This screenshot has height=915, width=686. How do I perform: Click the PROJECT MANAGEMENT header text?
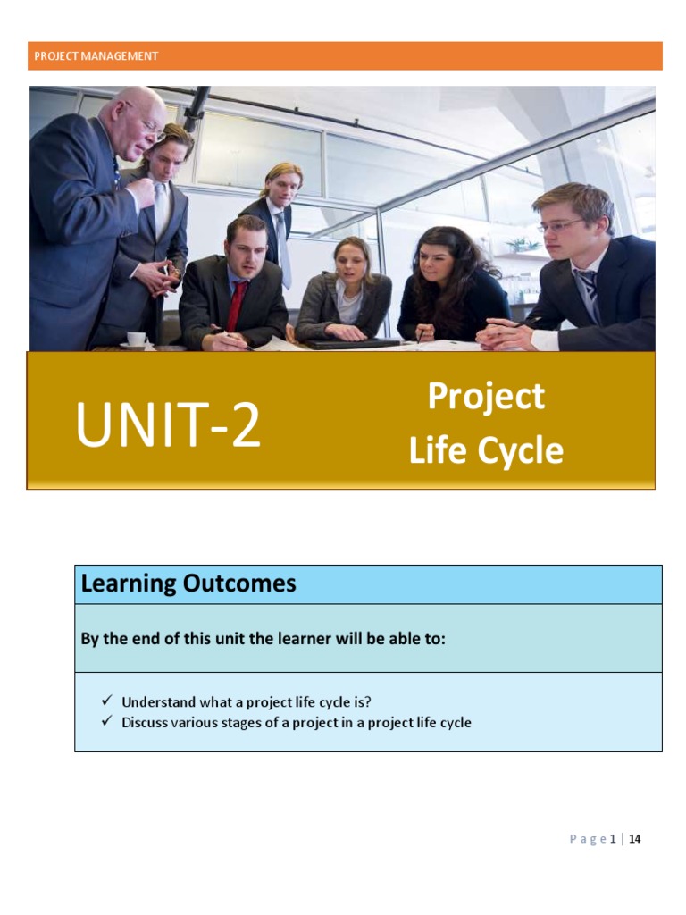[x=96, y=56]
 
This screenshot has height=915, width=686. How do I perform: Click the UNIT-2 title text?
[x=169, y=425]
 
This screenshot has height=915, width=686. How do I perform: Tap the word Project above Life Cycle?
[x=486, y=396]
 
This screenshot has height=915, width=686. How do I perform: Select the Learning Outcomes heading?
[x=188, y=584]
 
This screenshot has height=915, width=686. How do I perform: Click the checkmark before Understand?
[x=106, y=701]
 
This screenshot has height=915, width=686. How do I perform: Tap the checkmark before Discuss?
[x=106, y=721]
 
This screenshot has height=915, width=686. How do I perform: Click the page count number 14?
[x=635, y=839]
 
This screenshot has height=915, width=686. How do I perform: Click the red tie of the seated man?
[x=236, y=306]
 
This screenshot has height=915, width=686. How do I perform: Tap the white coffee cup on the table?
[x=136, y=339]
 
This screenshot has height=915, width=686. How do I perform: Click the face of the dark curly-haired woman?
[x=435, y=262]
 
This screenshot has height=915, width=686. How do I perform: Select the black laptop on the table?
[x=353, y=343]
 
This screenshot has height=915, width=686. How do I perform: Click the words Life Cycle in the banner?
[x=486, y=450]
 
